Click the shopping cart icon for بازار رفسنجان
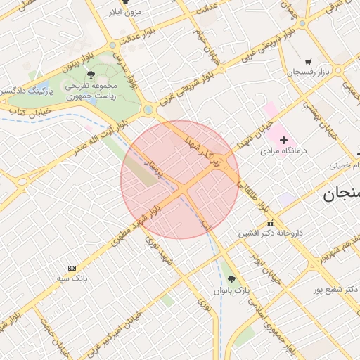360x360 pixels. click(308, 62)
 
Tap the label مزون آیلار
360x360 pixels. click(126, 12)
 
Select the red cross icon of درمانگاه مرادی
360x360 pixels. click(284, 141)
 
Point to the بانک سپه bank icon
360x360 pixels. click(72, 268)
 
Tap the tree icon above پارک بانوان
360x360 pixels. click(232, 279)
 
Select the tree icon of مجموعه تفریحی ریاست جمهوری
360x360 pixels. click(91, 74)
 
